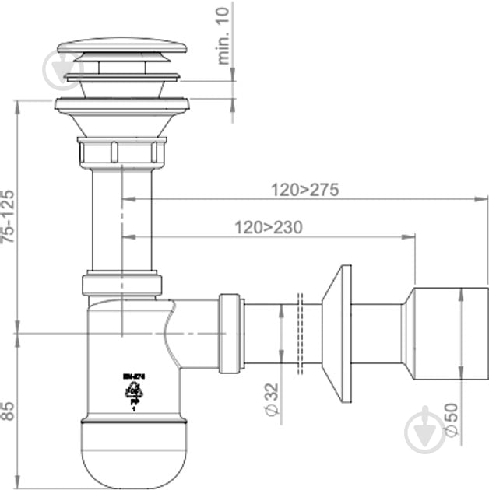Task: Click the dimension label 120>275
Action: tap(304, 190)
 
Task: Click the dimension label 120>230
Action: tap(268, 228)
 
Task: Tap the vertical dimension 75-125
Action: tap(7, 217)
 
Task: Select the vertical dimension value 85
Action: tap(7, 410)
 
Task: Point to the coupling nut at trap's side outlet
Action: tap(229, 333)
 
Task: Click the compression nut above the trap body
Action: tap(121, 283)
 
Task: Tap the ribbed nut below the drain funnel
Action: tap(121, 152)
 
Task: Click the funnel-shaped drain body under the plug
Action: tap(121, 121)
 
